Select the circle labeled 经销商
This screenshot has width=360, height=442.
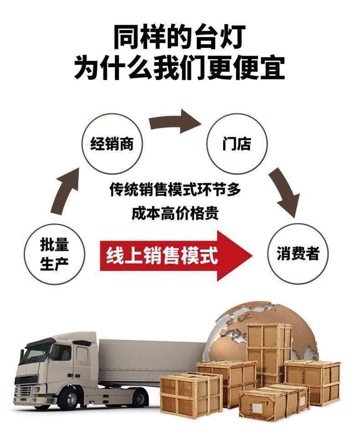click(111, 144)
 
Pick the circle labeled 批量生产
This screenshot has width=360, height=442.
click(54, 254)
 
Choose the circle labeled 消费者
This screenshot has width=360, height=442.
click(298, 254)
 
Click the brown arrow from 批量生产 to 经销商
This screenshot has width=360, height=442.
click(63, 192)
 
